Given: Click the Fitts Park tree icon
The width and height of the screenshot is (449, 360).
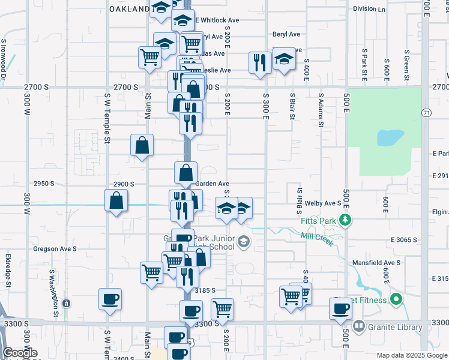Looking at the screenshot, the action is coord(345,220).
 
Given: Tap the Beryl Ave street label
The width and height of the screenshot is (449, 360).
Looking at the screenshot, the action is coord(285,35).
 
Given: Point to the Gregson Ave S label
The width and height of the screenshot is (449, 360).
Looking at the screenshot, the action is coord(55,248).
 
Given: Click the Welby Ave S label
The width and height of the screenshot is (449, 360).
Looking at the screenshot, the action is coord(323,203).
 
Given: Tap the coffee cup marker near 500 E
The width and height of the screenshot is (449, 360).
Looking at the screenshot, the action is coord(340,308).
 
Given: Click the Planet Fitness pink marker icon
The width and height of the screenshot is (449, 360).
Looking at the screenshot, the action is coord(396,298).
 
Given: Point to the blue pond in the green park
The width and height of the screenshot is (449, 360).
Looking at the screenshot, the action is coord(390,138).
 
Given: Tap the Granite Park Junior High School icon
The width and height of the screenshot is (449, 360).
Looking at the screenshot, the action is coord(243,242).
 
